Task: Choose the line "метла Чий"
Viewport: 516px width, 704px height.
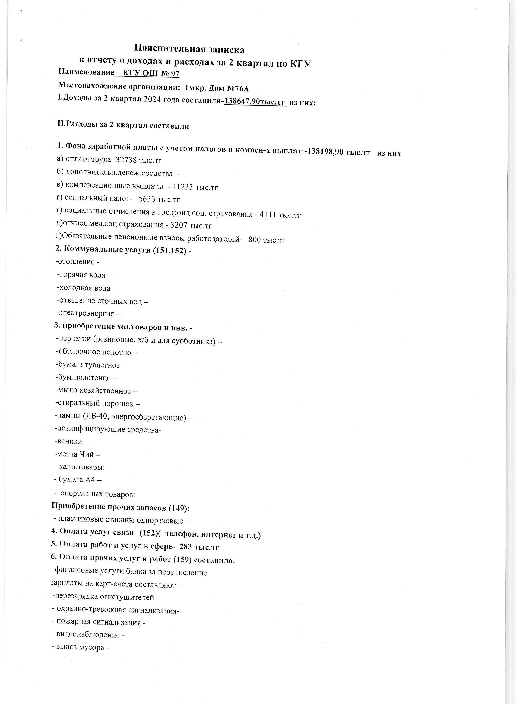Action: (75, 454)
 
